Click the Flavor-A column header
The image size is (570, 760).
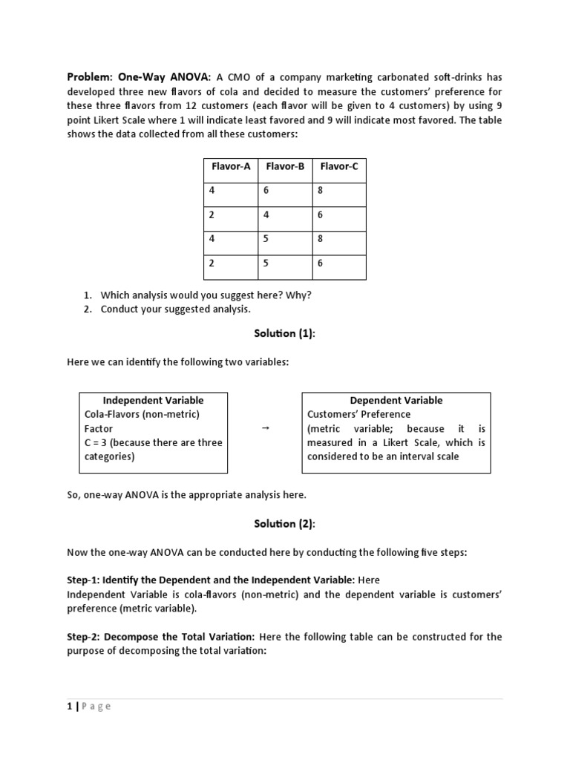coord(229,166)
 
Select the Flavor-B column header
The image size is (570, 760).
coord(285,166)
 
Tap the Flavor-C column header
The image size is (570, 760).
coord(339,166)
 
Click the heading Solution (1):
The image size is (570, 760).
coord(285,333)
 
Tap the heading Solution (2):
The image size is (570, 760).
coord(285,523)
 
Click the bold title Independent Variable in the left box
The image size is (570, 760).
coord(153,400)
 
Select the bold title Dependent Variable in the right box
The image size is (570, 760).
coord(396,400)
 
